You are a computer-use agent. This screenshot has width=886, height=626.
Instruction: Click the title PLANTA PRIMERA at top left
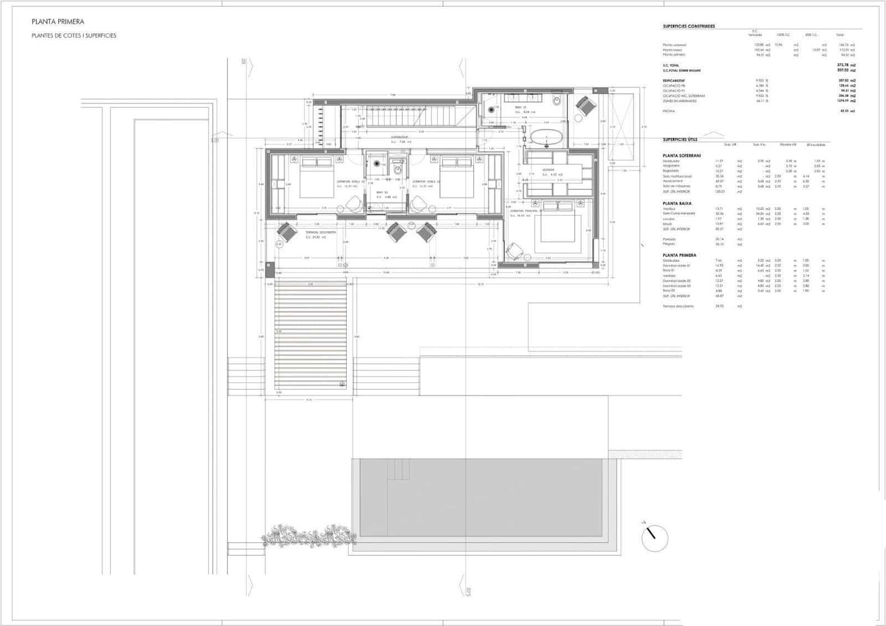coord(58,22)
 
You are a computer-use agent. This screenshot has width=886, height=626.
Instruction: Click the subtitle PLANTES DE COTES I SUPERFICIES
coord(74,35)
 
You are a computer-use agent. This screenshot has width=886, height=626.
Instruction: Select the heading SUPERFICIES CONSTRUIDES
coord(689,26)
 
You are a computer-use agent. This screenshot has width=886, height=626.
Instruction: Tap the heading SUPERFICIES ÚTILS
coord(680,139)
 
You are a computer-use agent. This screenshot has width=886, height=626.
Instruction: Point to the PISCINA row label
coord(668,111)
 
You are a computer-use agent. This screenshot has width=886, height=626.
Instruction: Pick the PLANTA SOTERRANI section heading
coord(682,156)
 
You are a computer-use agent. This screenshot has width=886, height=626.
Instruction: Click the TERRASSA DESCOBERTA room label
coord(321,232)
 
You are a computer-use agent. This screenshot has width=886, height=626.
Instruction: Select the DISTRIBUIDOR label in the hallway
coord(399,137)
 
